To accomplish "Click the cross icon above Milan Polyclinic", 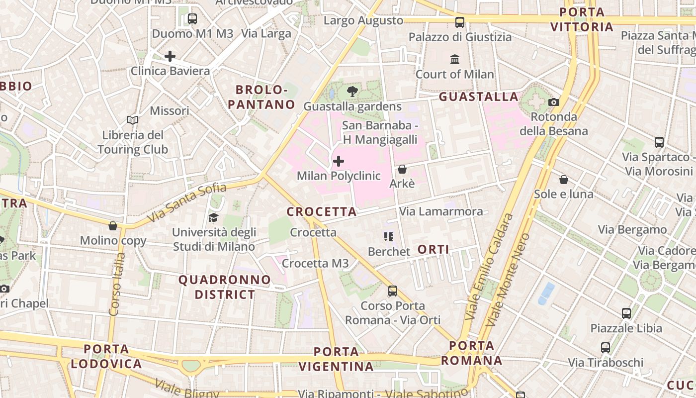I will [x=339, y=161].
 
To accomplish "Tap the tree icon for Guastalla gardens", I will [x=352, y=92].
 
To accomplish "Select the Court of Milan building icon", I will [x=455, y=60].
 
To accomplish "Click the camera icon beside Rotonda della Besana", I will [x=554, y=102].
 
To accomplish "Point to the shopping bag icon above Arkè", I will [x=402, y=169].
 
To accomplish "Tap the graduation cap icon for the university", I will [x=213, y=218].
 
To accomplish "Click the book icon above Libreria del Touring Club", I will [x=132, y=120].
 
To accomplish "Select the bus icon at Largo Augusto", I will [x=460, y=22].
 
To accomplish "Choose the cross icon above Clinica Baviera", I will [x=170, y=56].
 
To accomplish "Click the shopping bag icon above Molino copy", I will [x=113, y=226].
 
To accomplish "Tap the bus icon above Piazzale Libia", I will [x=626, y=313].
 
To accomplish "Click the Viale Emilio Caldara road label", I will [x=489, y=266].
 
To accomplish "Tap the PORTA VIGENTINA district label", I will [x=337, y=359].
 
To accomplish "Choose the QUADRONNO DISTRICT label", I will [x=225, y=287].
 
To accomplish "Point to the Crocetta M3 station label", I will [x=315, y=263].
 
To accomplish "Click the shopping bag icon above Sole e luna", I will [x=564, y=180].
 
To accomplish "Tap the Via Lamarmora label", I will [x=441, y=211].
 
